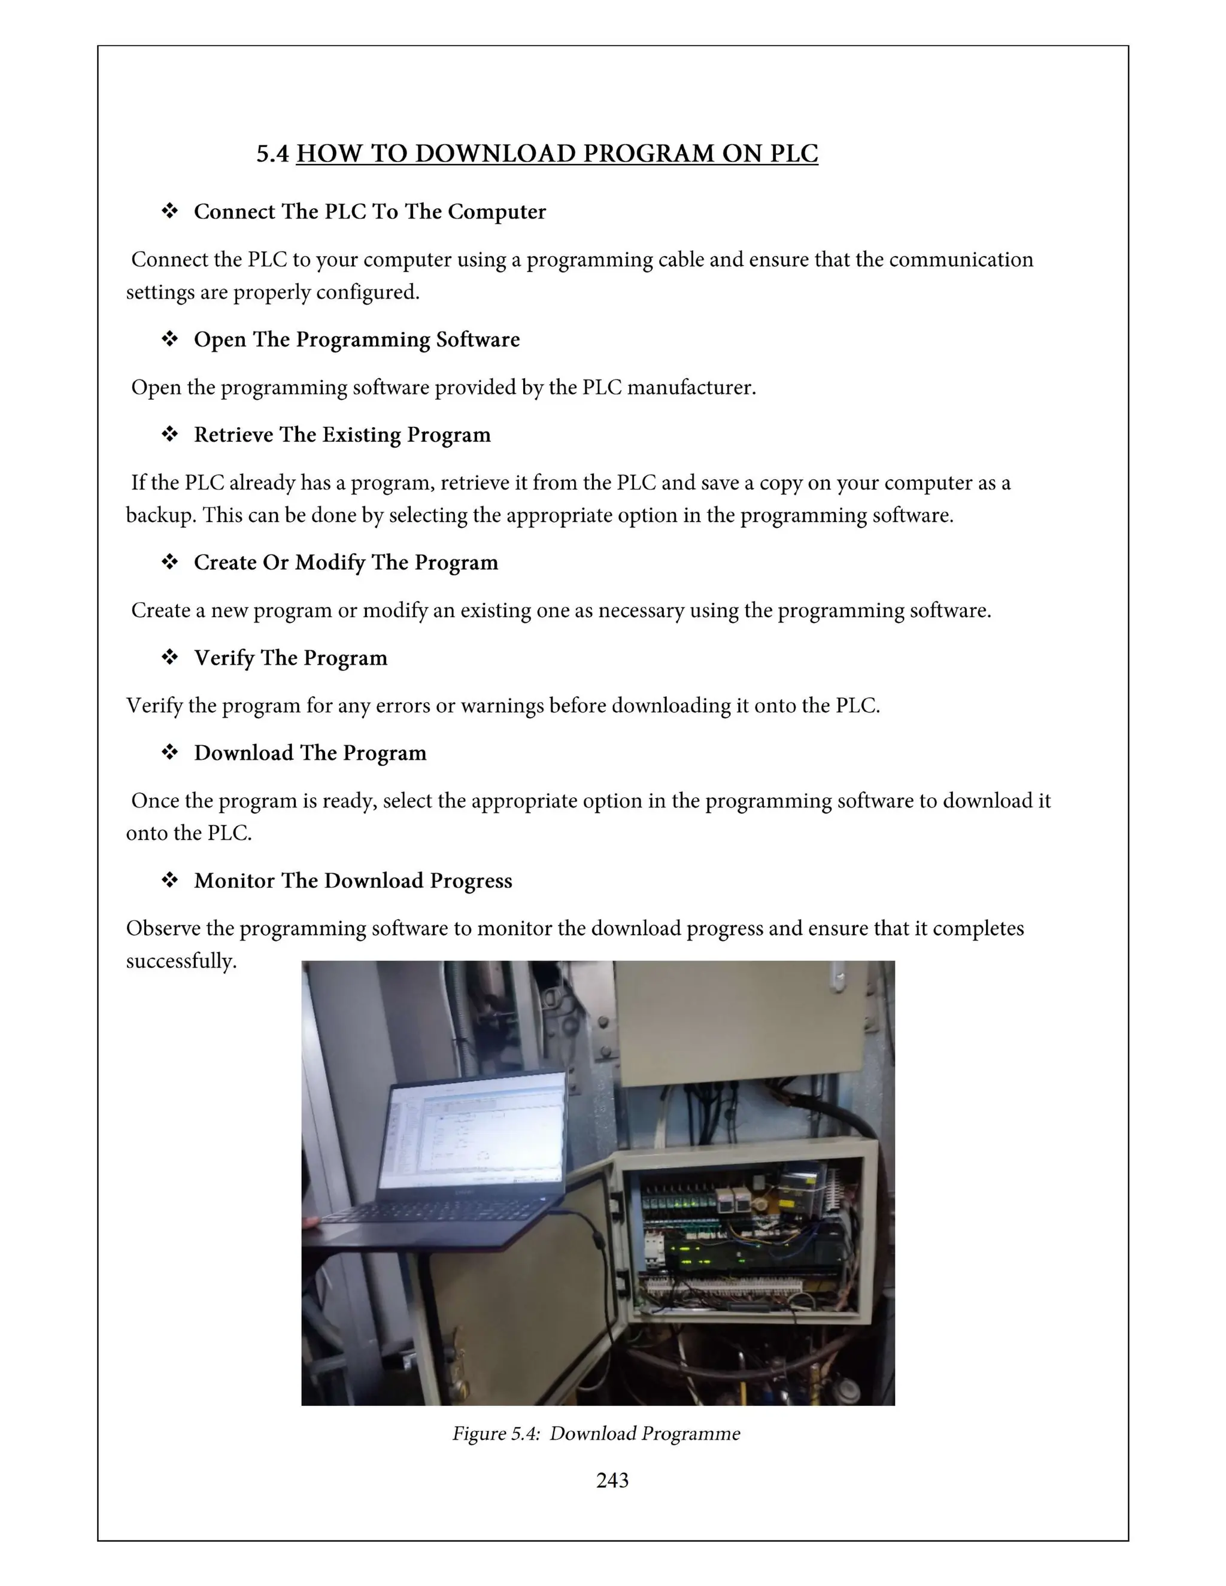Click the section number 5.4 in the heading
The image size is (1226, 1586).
[272, 154]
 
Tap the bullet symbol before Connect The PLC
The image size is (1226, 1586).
[170, 211]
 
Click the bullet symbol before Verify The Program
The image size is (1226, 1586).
[170, 657]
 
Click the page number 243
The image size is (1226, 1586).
[612, 1480]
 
